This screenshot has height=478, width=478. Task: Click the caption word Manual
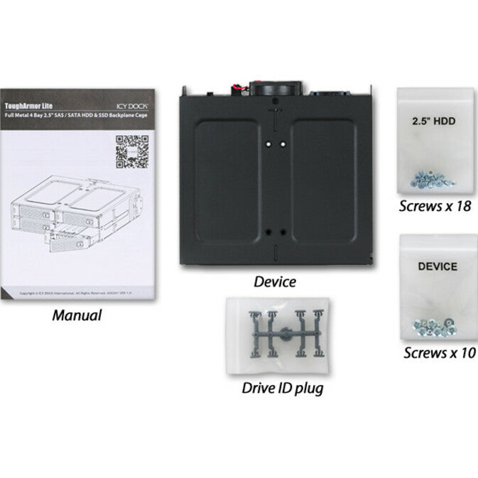(x=77, y=315)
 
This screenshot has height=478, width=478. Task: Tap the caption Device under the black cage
(x=275, y=282)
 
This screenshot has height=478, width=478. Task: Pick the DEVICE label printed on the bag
(x=437, y=268)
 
